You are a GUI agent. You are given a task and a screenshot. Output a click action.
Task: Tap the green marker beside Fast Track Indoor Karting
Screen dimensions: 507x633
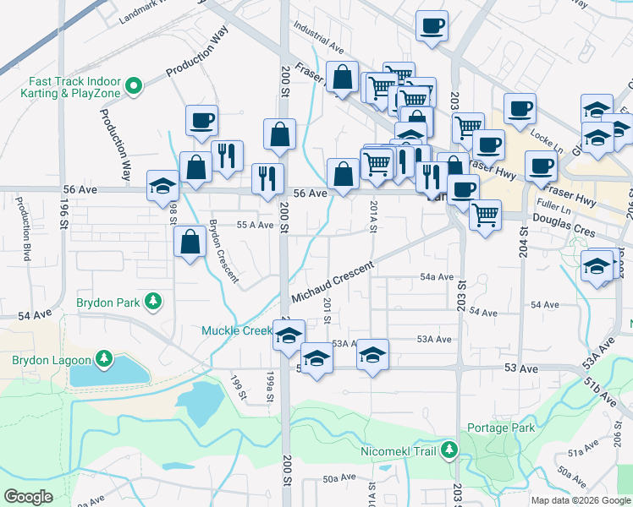click(x=134, y=85)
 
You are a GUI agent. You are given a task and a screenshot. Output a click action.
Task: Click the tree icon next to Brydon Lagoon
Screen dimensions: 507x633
click(x=103, y=360)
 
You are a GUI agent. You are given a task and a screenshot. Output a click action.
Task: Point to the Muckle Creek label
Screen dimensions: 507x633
click(x=235, y=330)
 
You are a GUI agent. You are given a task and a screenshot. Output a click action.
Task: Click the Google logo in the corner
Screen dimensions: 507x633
click(x=28, y=497)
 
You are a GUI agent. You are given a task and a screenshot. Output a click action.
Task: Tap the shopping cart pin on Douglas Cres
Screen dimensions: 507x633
click(x=485, y=215)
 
